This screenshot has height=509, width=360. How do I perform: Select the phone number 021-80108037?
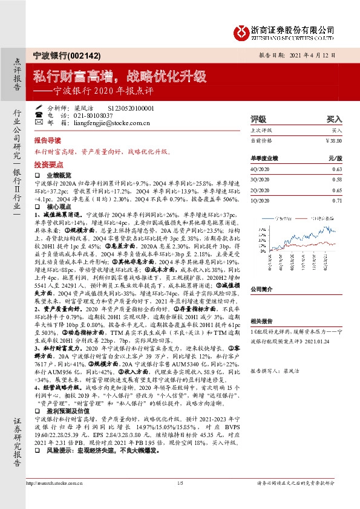(x=88, y=114)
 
